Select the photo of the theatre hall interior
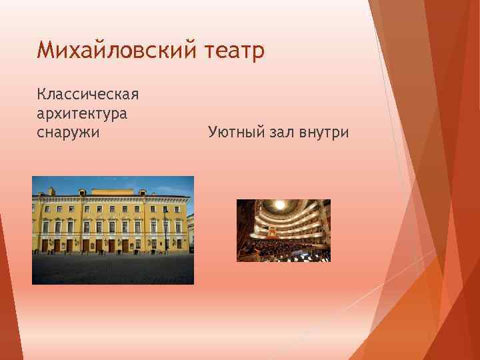[x=283, y=230]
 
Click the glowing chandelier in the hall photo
[x=280, y=205]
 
